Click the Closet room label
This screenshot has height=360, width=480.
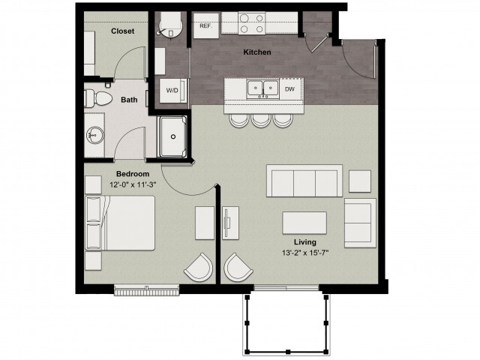pos(122,31)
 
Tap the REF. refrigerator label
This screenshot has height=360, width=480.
pos(204,26)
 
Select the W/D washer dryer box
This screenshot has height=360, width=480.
pos(172,90)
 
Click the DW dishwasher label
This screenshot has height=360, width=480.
pos(289,88)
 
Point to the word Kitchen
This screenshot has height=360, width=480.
pos(256,53)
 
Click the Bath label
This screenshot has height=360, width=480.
pos(129,100)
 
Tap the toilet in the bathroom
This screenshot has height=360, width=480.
pos(97,98)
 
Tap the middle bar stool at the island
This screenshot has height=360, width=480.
pos(261,119)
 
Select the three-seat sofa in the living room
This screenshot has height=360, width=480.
pos(304,181)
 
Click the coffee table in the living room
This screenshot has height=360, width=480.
pos(304,223)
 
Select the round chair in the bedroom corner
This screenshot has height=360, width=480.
pos(199,268)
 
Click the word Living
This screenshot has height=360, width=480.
pos(304,242)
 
